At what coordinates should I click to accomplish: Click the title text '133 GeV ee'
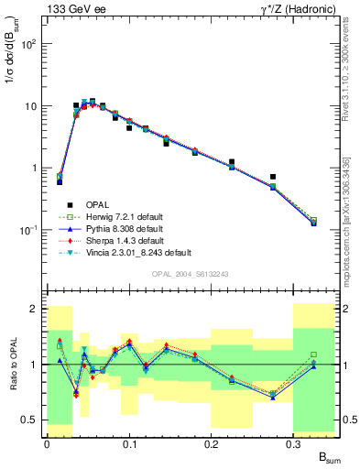(72, 8)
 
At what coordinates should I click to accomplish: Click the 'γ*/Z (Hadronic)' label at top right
(295, 8)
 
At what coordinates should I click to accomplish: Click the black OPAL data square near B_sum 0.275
(273, 177)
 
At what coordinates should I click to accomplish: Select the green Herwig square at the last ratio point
(313, 354)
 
